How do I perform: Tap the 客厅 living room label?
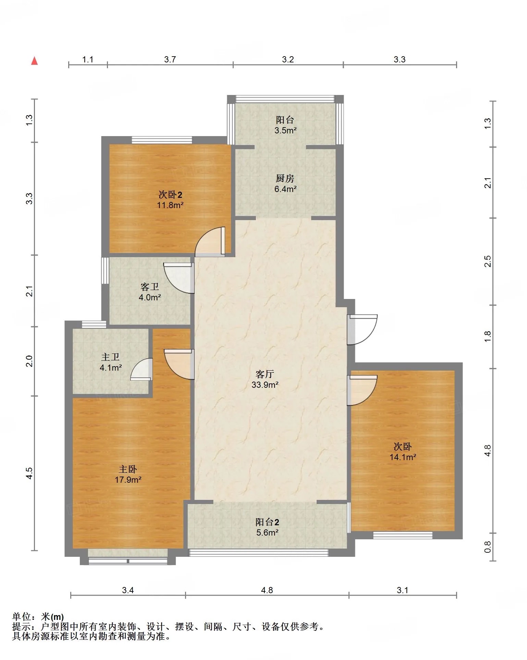pos(265,374)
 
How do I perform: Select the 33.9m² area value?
pos(265,385)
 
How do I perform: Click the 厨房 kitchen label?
pos(285,178)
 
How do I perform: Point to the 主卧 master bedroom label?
pos(128,469)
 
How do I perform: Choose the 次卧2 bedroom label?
pos(170,195)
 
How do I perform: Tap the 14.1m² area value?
pos(403,457)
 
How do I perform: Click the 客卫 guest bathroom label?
pos(150,287)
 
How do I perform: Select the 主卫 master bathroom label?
pos(110,357)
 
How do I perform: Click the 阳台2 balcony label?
pos(267,522)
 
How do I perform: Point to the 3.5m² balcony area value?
pos(285,130)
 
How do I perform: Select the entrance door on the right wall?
pos(362,329)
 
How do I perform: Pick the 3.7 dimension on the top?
pos(170,59)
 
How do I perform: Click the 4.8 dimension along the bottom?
pos(267,590)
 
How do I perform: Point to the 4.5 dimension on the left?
pos(29,473)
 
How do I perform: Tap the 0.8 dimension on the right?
pos(488,547)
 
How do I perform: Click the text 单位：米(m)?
pos(38,617)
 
